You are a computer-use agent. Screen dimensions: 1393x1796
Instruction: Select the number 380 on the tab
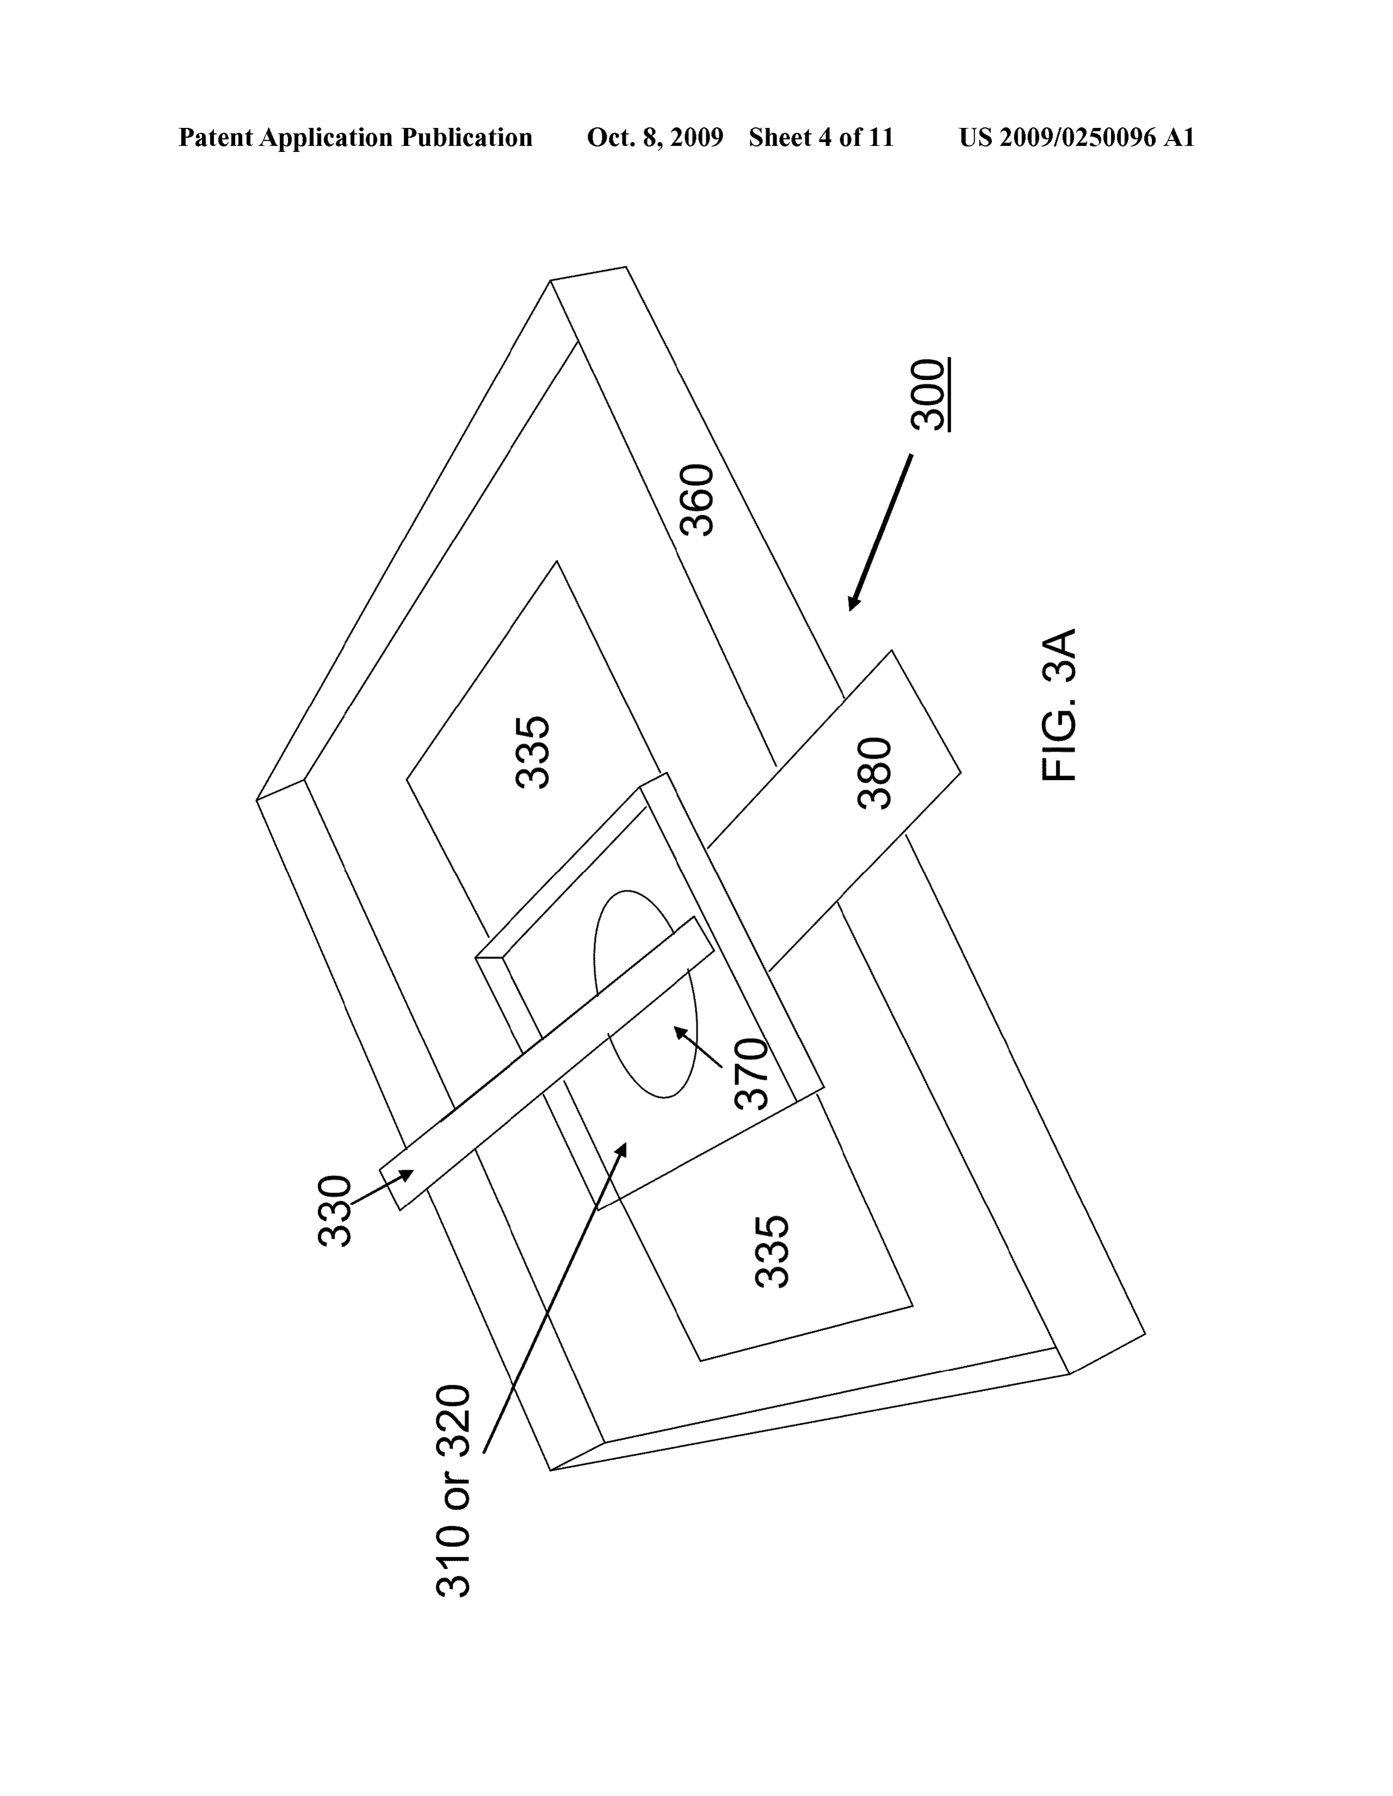tap(874, 773)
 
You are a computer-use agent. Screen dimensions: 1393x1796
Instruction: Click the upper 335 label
tap(532, 753)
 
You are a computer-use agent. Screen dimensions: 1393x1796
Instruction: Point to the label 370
tap(750, 1074)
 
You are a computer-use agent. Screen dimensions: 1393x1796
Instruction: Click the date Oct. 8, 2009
tap(655, 137)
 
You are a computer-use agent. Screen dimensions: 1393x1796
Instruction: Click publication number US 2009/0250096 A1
tap(1076, 137)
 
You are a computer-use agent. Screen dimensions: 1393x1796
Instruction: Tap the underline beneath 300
tap(949, 395)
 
